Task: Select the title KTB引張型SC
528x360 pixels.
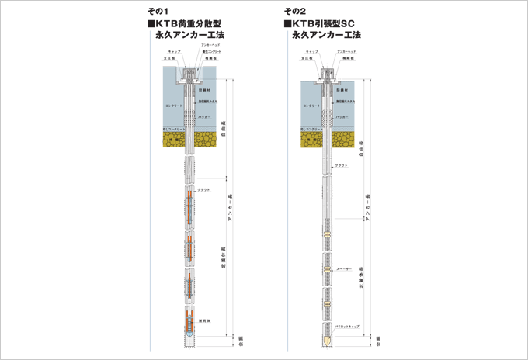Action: click(326, 24)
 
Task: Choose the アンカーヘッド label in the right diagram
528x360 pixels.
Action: click(349, 51)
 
